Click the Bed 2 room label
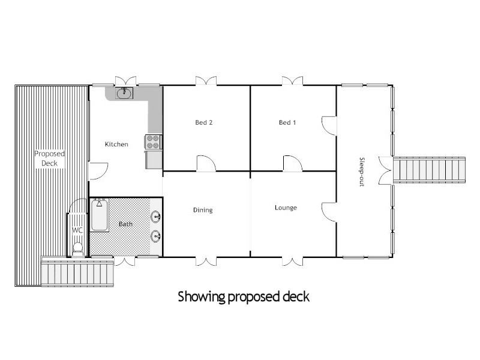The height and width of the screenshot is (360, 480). (x=204, y=123)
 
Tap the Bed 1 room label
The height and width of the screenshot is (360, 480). (x=287, y=123)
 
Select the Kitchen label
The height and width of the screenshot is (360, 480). (x=116, y=144)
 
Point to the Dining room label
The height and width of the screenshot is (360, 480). (x=203, y=210)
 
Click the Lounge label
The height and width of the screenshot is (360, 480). (x=286, y=208)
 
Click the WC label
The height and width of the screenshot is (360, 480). (x=77, y=230)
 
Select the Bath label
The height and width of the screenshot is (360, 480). (x=125, y=224)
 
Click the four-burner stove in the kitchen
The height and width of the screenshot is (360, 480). (x=152, y=142)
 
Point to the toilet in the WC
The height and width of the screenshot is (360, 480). (x=77, y=248)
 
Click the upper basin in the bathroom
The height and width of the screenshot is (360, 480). (x=156, y=217)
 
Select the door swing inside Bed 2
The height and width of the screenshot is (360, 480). (x=205, y=163)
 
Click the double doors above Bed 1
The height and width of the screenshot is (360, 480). (x=293, y=80)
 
